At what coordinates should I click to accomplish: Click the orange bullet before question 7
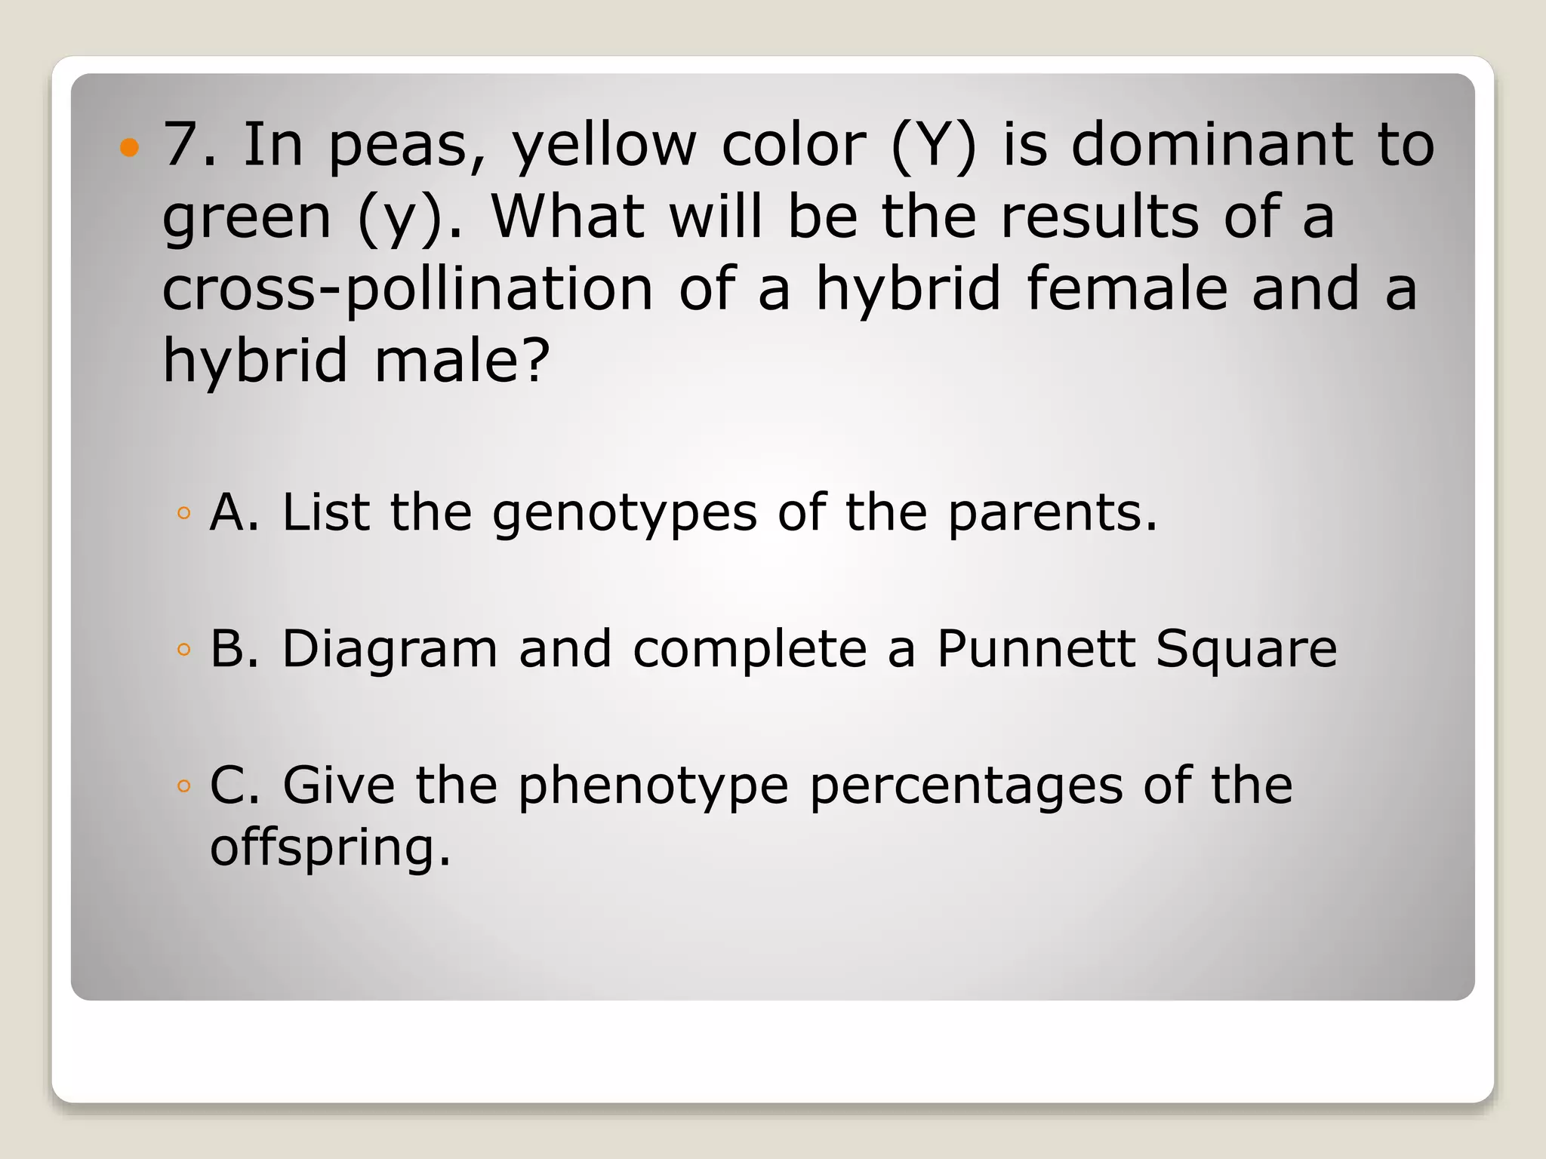(x=130, y=146)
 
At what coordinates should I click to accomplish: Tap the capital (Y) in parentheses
(x=934, y=146)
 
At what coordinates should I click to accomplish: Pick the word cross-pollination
(x=408, y=289)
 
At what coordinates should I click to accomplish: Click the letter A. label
(x=233, y=512)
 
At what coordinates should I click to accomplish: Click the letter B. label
(x=233, y=649)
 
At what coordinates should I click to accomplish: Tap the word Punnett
(x=1035, y=649)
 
